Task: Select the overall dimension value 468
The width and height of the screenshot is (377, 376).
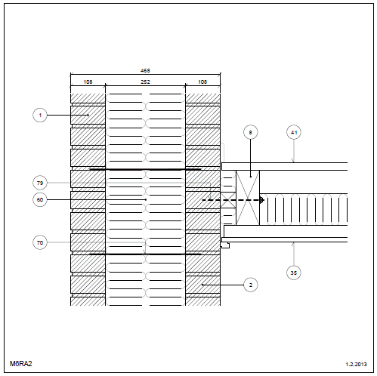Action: (145, 71)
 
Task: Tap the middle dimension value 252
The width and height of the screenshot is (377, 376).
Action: (145, 82)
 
